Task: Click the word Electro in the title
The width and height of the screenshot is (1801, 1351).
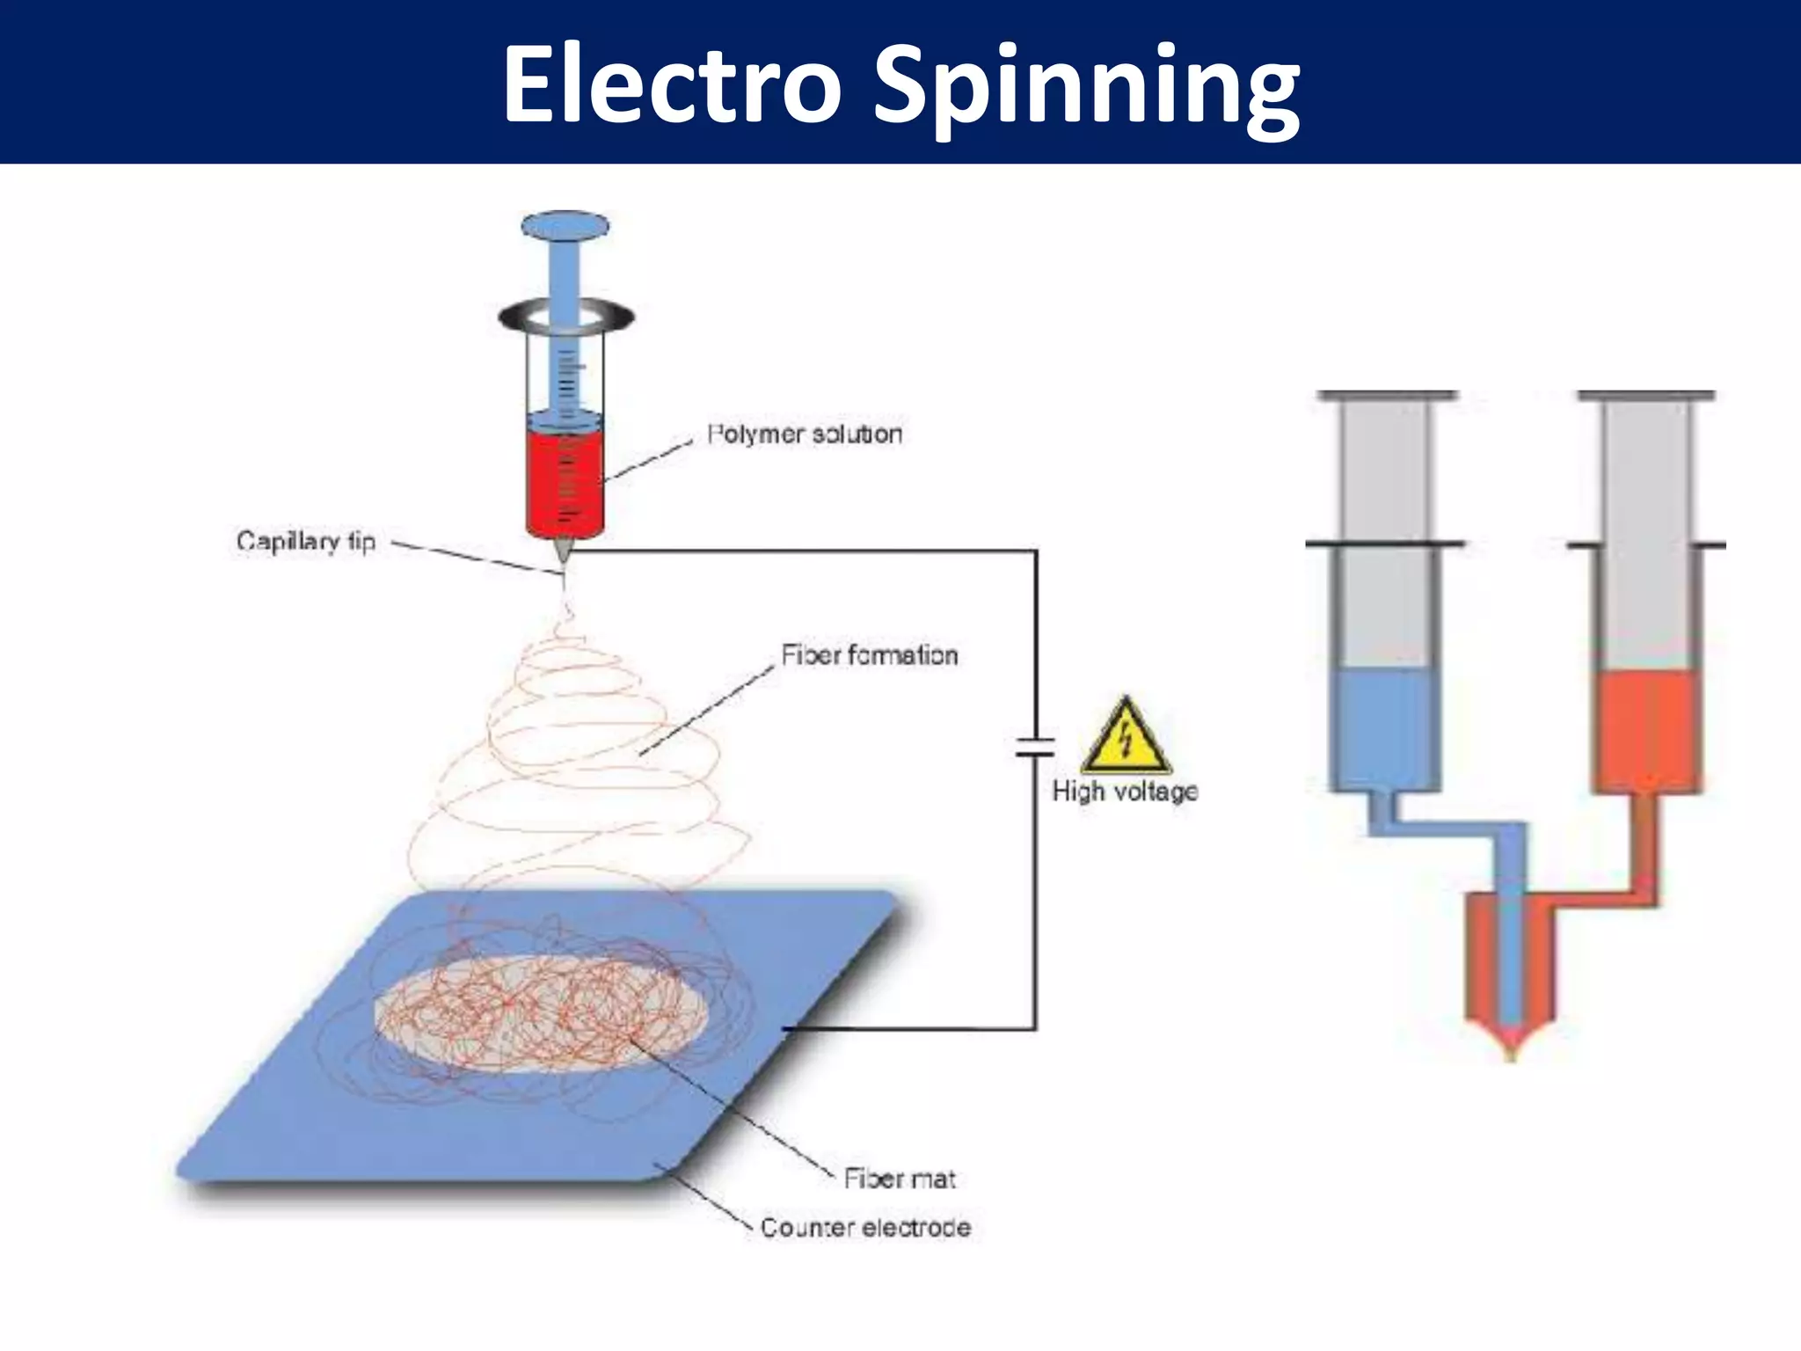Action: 673,85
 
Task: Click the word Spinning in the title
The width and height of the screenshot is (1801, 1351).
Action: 1086,88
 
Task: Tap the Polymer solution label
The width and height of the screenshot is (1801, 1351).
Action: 805,434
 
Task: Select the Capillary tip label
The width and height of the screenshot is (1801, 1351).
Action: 306,540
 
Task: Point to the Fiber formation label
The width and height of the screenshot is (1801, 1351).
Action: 869,654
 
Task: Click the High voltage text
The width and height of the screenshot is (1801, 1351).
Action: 1125,791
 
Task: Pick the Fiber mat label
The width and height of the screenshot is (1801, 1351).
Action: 899,1178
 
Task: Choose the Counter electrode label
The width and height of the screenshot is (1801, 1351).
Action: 865,1227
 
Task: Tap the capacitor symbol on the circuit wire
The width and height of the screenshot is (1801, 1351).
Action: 1035,747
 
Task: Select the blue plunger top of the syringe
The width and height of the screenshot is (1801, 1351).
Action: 565,225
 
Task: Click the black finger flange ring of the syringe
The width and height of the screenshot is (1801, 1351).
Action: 565,317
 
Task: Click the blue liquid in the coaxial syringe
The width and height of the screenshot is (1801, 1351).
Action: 1383,726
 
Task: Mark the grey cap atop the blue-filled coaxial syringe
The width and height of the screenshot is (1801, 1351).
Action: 1387,397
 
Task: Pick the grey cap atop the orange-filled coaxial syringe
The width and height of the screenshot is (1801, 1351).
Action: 1646,397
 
